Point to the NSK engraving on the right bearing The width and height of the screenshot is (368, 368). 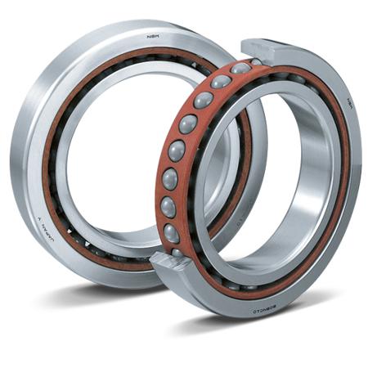(348, 105)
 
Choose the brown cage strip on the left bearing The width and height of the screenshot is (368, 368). (51, 164)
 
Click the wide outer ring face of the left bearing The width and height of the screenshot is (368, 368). (29, 123)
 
